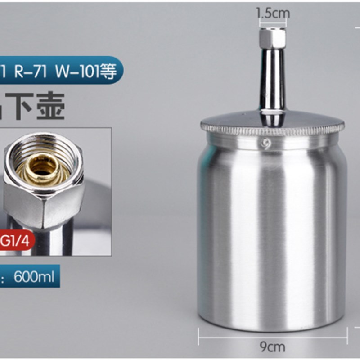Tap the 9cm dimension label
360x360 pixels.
click(273, 346)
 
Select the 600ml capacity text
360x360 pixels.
click(34, 276)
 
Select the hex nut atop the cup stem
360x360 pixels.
click(272, 38)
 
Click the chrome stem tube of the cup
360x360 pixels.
click(272, 81)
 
